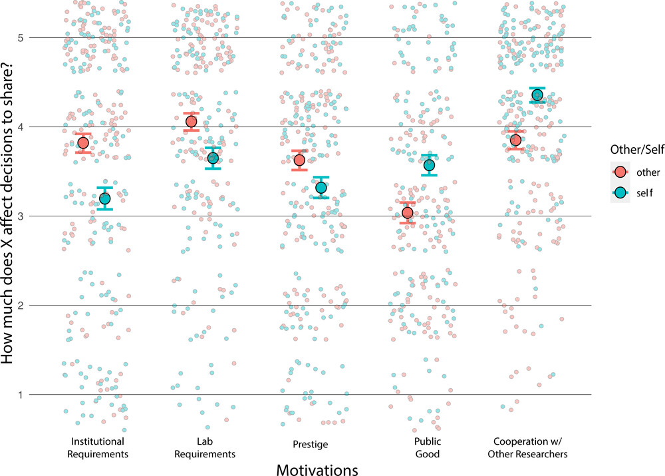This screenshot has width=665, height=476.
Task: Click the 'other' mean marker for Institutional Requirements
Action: pyautogui.click(x=83, y=143)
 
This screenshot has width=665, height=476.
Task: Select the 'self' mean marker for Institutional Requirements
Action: pyautogui.click(x=104, y=199)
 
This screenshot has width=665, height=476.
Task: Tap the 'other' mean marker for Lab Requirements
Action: pyautogui.click(x=192, y=121)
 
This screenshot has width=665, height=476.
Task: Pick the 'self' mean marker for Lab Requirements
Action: pyautogui.click(x=213, y=158)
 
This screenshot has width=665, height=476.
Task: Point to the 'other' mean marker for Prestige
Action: pyautogui.click(x=299, y=160)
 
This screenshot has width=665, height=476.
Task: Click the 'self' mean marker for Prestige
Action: pyautogui.click(x=321, y=188)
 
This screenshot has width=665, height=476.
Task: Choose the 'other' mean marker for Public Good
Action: pyautogui.click(x=408, y=213)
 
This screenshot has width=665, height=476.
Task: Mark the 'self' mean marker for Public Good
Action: pyautogui.click(x=429, y=166)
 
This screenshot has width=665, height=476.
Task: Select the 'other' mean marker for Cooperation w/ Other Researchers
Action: pyautogui.click(x=515, y=140)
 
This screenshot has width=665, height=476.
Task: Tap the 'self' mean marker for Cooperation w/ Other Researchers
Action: pyautogui.click(x=537, y=95)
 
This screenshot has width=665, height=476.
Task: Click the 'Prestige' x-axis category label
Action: pyautogui.click(x=310, y=443)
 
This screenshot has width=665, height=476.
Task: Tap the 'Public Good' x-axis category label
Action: pyautogui.click(x=418, y=448)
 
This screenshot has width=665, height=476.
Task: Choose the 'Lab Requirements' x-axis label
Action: pyautogui.click(x=202, y=448)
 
